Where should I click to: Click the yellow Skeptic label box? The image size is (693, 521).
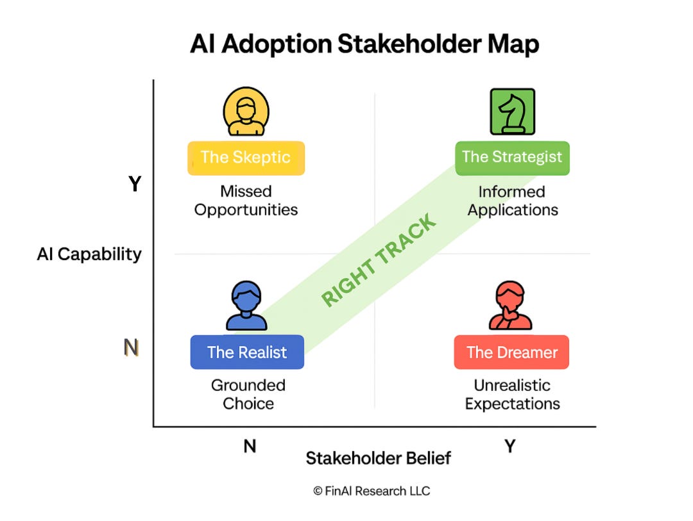(246, 158)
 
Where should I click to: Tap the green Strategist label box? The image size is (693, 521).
(511, 158)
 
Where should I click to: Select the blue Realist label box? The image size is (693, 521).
(247, 352)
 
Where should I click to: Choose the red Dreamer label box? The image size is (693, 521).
(511, 352)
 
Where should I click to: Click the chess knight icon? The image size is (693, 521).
(512, 112)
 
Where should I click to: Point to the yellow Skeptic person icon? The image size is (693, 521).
(246, 112)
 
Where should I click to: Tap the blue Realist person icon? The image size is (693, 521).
(246, 307)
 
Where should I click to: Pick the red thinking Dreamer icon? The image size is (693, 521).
(511, 307)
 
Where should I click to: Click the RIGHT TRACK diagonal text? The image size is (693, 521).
(379, 260)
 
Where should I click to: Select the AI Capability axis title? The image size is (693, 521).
(89, 254)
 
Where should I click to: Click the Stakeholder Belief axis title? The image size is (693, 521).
(378, 458)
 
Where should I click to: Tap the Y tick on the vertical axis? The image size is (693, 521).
(135, 185)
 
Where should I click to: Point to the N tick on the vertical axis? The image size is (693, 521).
(131, 347)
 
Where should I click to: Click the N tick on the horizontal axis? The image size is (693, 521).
(250, 446)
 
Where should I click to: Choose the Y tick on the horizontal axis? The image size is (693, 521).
(510, 446)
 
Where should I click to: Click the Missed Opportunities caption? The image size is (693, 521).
(246, 201)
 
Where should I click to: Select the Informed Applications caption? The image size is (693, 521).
(512, 201)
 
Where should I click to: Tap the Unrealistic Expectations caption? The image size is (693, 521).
(512, 395)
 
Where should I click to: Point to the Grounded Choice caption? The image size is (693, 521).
(248, 395)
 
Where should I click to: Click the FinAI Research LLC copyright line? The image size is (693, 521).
(372, 491)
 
